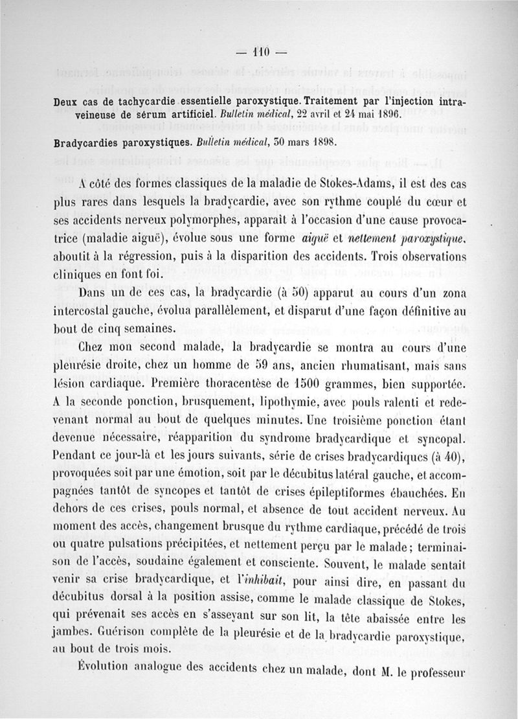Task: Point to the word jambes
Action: pyautogui.click(x=71, y=630)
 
